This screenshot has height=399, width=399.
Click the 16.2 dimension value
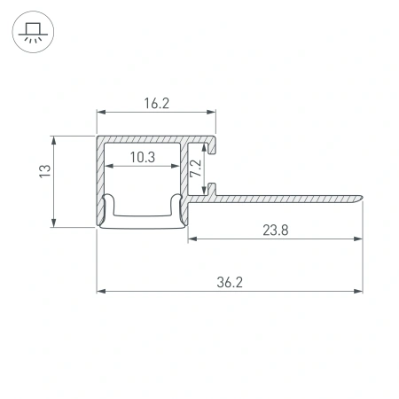155,103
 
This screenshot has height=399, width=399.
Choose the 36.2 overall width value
230,281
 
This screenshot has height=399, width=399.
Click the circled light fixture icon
33,34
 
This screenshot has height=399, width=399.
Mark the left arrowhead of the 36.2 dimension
100,290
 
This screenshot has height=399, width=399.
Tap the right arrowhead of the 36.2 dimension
359,290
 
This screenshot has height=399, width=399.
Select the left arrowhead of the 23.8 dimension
192,238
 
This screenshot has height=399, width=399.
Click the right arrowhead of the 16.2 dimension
212,112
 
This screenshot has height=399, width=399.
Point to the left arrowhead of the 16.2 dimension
100,112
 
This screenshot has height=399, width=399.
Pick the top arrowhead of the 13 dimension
55,139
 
